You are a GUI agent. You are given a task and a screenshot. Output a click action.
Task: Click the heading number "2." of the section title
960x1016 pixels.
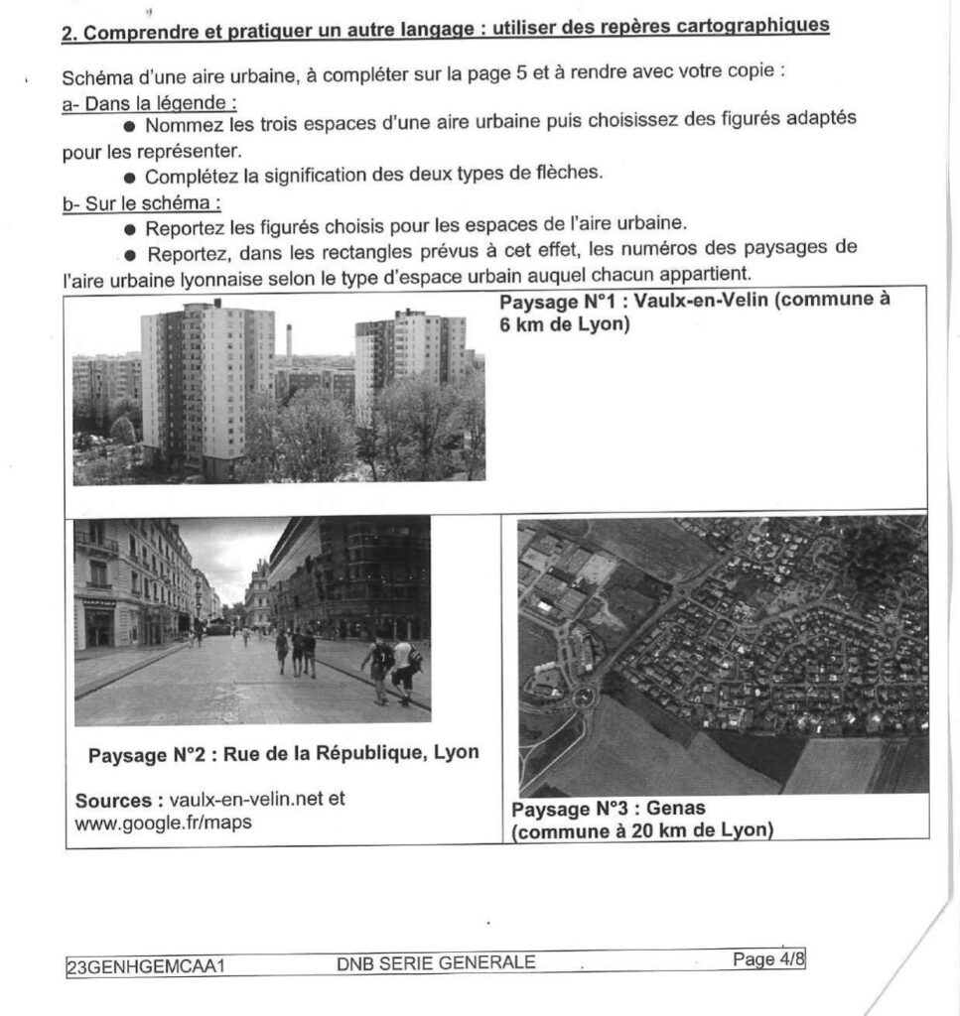[69, 32]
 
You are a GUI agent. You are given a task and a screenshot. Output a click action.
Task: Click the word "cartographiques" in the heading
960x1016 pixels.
[753, 26]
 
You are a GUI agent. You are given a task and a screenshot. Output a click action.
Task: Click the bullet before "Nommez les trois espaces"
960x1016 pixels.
[130, 127]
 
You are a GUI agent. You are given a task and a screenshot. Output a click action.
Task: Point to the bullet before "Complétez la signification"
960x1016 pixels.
[130, 178]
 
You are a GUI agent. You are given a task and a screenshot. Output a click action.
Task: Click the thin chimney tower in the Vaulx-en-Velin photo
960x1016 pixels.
[289, 341]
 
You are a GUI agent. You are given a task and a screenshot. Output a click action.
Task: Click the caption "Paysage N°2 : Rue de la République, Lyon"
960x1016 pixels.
[283, 753]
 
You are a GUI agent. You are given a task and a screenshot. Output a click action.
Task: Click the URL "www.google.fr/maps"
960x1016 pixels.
[163, 822]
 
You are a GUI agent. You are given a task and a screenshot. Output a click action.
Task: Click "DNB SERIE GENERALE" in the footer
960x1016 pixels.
[436, 961]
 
